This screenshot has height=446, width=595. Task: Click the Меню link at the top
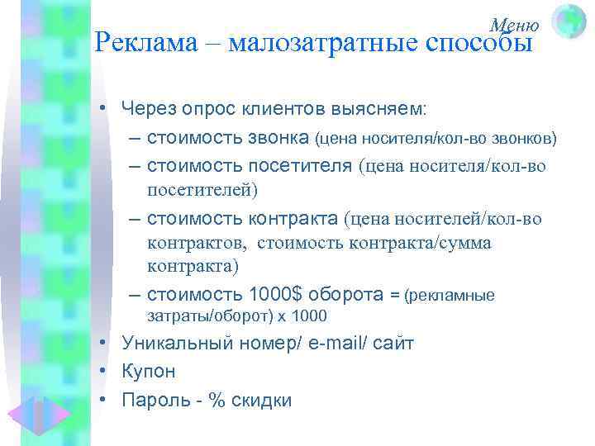(515, 26)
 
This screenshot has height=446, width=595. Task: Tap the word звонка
(278, 135)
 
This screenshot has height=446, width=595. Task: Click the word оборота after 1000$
(350, 293)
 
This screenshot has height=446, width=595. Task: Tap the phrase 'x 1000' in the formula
(302, 316)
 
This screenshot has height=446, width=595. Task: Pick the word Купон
(148, 372)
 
